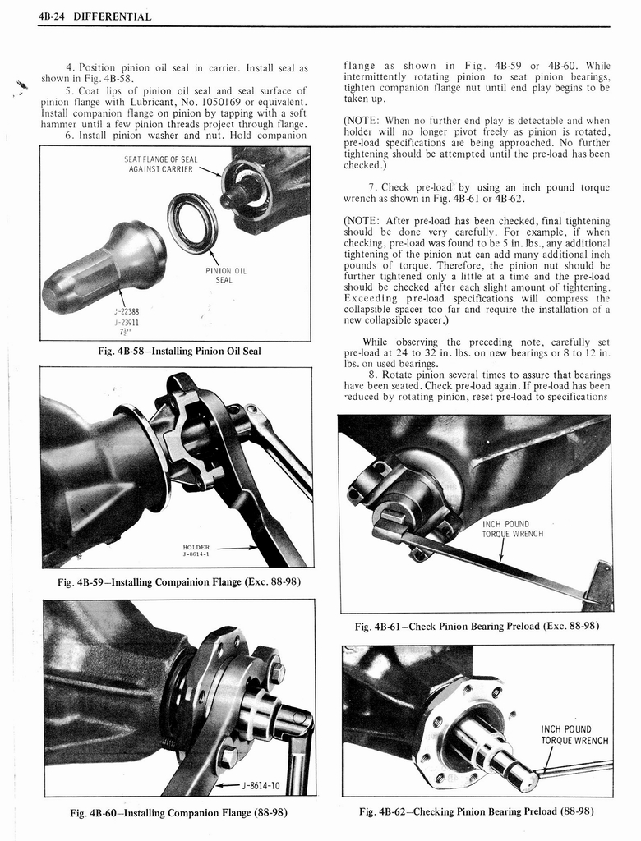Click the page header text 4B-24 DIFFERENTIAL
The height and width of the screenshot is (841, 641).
click(x=97, y=16)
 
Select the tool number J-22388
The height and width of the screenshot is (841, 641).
click(x=127, y=311)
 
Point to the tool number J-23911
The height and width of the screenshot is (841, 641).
click(x=127, y=322)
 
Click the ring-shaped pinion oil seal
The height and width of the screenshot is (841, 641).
click(x=192, y=222)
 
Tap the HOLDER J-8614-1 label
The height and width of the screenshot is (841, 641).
click(x=196, y=549)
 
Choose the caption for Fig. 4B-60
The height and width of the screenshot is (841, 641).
click(x=178, y=813)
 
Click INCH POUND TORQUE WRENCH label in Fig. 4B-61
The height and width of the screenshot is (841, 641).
click(x=512, y=529)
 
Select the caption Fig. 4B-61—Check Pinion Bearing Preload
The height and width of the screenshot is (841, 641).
click(x=476, y=627)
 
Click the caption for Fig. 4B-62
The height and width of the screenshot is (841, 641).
click(x=476, y=811)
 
